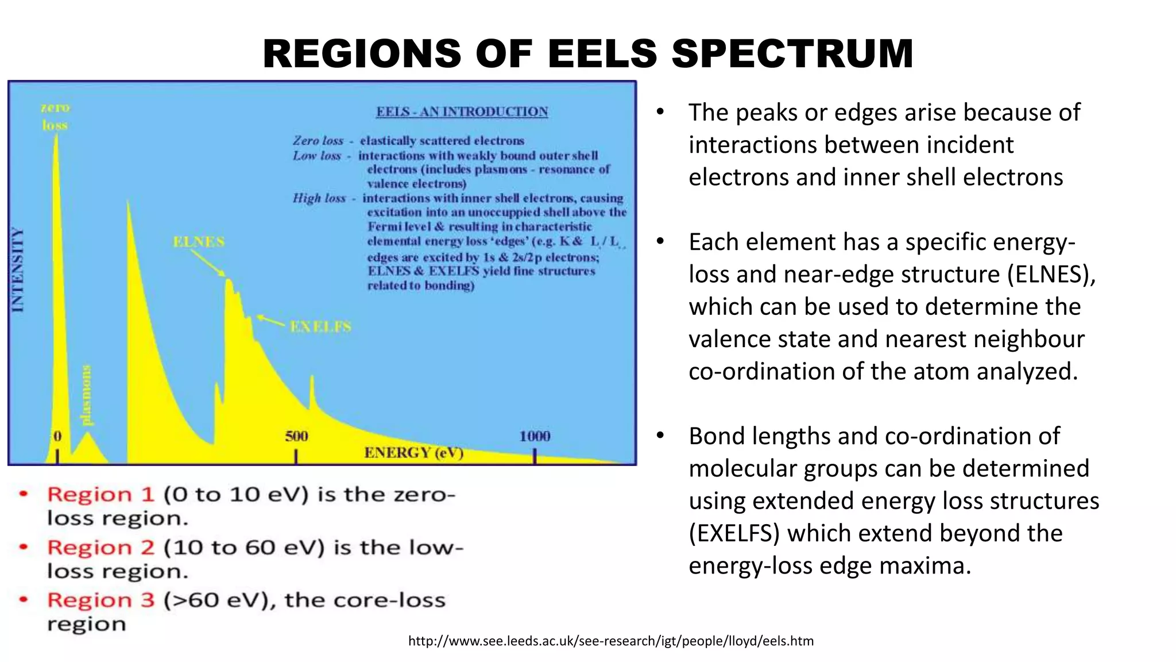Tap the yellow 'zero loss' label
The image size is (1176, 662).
55,116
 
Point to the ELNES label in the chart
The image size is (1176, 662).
199,242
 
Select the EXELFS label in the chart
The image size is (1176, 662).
320,327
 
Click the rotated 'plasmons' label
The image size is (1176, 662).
86,395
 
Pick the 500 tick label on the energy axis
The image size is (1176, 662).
296,436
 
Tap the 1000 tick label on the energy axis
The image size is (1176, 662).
535,436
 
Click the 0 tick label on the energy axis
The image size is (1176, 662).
57,436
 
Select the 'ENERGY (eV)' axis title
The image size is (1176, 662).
413,453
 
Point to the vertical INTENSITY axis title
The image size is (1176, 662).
18,270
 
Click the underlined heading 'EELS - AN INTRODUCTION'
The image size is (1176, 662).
462,111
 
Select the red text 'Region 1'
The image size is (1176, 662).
100,494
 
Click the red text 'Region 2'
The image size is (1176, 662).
100,547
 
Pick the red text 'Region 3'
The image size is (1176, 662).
100,600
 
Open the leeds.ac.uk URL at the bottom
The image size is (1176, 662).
610,641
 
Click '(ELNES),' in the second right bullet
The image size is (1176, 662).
1051,275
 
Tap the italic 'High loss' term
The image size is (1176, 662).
319,198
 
